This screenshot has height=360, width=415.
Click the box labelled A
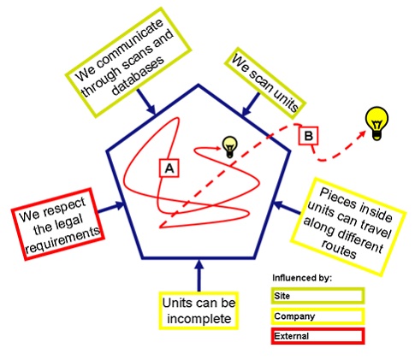point(169,168)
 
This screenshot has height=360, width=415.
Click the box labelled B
point(308,135)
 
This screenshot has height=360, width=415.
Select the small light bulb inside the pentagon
point(230,147)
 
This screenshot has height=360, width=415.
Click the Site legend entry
point(317,296)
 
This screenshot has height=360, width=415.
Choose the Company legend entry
point(317,316)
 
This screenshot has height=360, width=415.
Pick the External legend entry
point(317,336)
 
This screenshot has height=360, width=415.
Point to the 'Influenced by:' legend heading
point(302,278)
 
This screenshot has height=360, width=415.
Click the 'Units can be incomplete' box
point(199,310)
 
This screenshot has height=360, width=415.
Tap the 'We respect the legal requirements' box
point(58,224)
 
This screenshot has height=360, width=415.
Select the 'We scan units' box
point(265,86)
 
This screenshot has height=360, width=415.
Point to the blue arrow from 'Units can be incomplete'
point(199,275)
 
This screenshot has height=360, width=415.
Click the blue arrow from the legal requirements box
point(111,208)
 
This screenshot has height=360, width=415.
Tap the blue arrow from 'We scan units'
point(251,104)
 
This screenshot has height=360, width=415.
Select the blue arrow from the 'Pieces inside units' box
point(287,208)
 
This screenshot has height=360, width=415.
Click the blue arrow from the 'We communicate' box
point(146,102)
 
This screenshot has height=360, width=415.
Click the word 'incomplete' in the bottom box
point(199,319)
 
